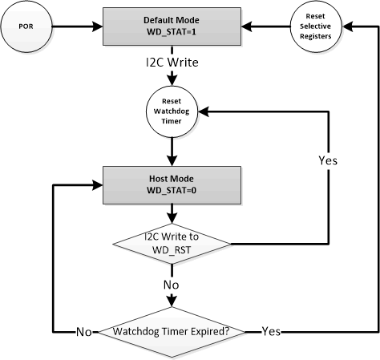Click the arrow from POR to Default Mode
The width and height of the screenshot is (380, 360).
click(81, 28)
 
